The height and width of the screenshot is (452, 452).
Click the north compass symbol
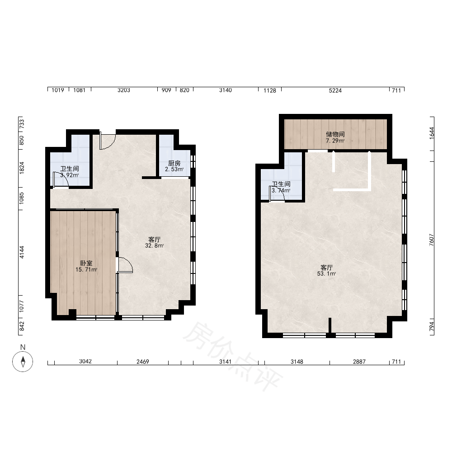[23, 362]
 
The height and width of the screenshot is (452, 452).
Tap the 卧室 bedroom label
[86, 263]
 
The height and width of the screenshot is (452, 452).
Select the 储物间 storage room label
[335, 134]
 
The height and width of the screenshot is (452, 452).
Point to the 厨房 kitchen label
[174, 164]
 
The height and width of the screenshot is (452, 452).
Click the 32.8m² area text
[155, 246]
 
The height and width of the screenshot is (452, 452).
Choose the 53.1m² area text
[327, 273]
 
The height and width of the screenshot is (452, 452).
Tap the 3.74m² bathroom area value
[281, 191]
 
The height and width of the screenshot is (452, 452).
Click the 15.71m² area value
[86, 269]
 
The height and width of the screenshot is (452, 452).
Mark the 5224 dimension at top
[335, 90]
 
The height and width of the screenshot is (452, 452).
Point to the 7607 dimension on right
[432, 240]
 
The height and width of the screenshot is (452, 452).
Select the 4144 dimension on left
[22, 252]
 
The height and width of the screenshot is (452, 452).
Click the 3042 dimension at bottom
[85, 362]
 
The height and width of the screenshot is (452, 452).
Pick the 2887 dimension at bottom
[359, 362]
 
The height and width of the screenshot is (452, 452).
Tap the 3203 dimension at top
[124, 90]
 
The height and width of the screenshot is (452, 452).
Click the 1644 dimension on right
[432, 133]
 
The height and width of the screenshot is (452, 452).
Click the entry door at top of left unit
[107, 141]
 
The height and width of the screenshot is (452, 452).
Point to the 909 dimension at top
[166, 90]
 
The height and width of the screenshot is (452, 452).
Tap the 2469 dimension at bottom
[143, 362]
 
